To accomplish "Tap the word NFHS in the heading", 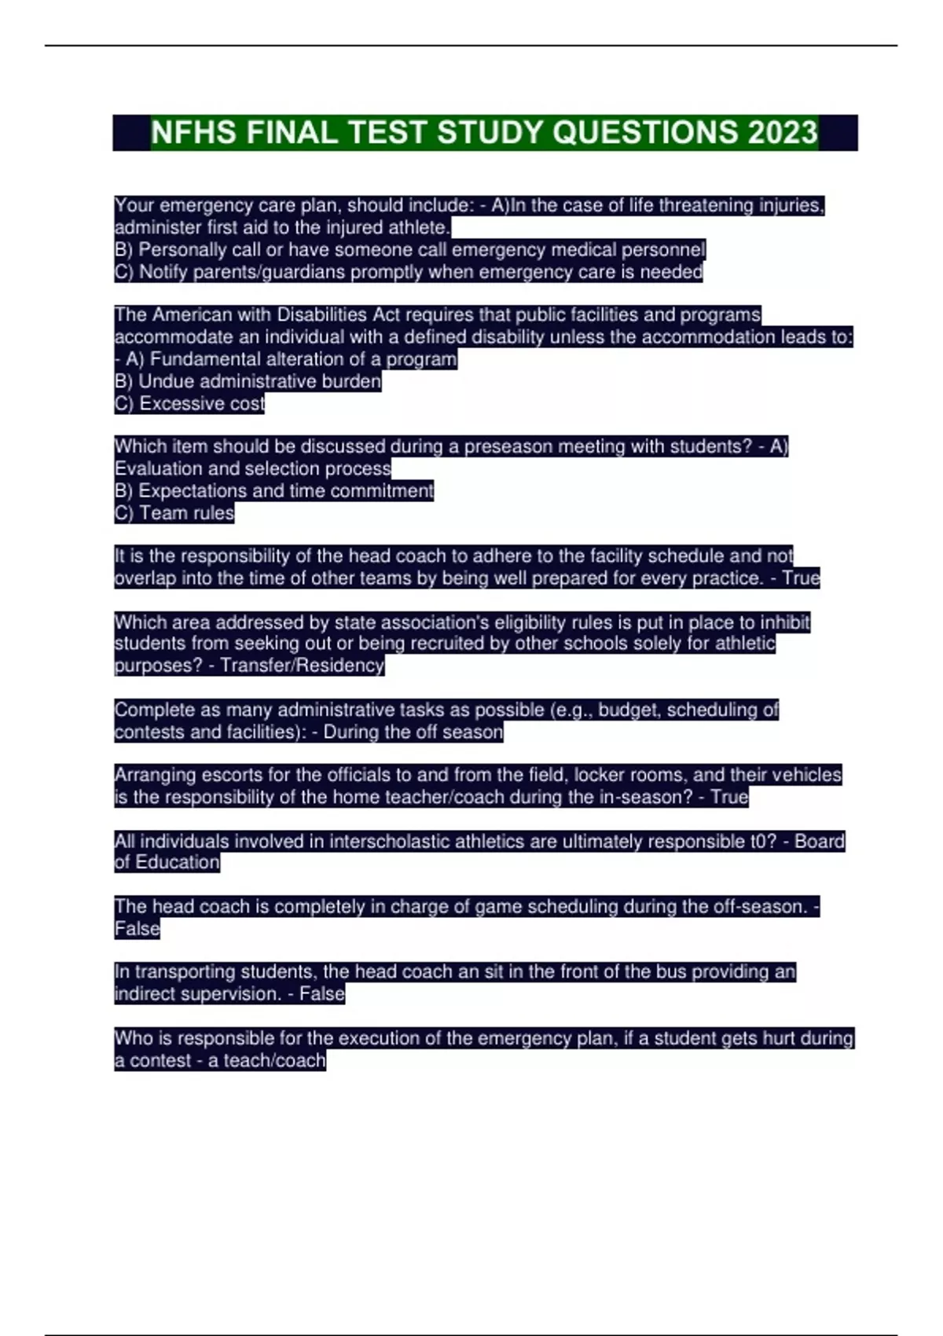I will pyautogui.click(x=193, y=133).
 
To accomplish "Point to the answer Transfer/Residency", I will pyautogui.click(x=302, y=666).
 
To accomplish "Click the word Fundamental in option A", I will pyautogui.click(x=201, y=359).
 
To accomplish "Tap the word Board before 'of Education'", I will pyautogui.click(x=820, y=841).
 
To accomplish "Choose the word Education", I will pyautogui.click(x=178, y=862).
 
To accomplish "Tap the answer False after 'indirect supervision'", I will pyautogui.click(x=322, y=994).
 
